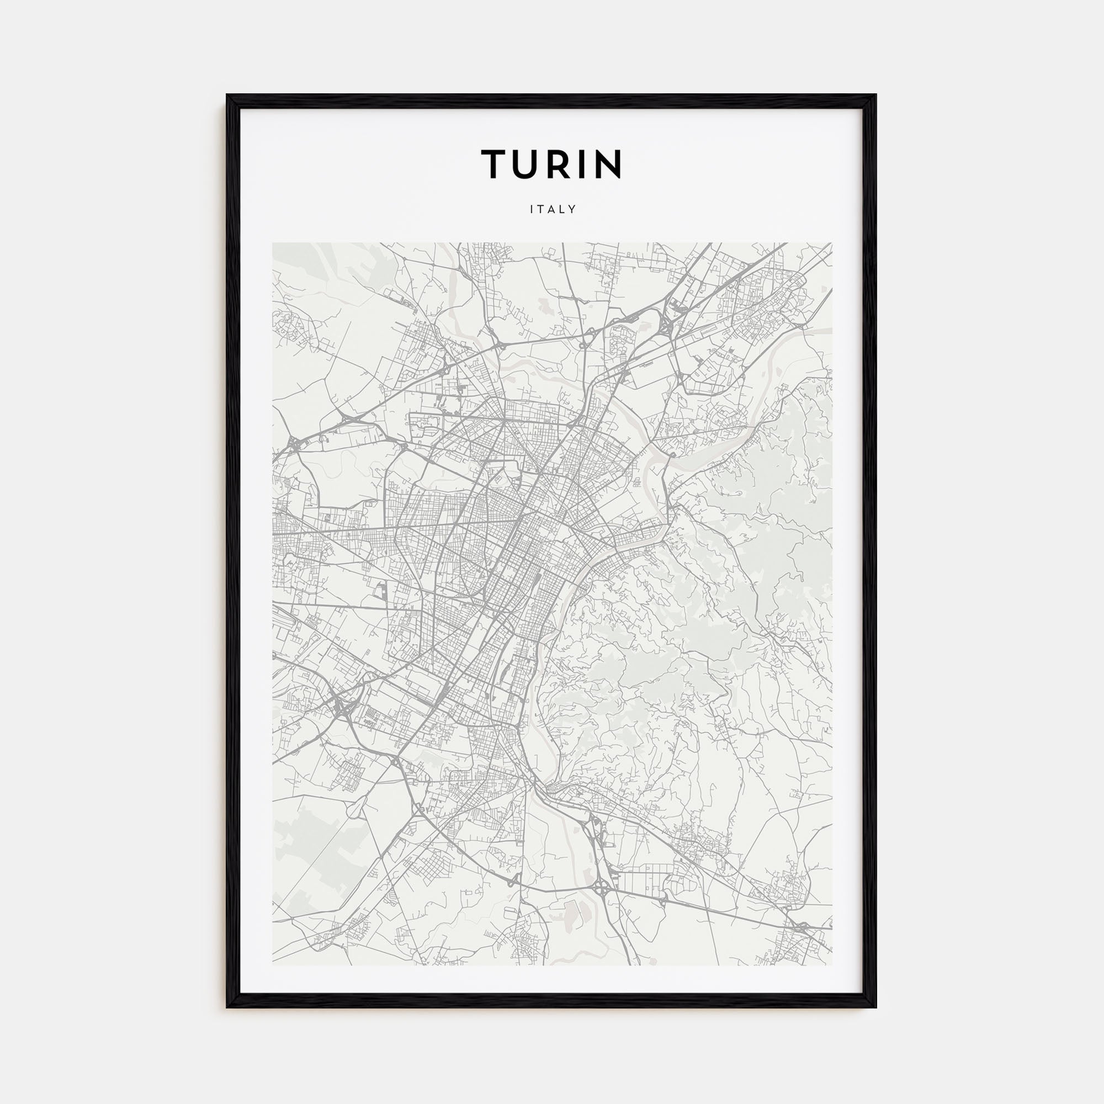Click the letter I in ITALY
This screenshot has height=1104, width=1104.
click(x=532, y=210)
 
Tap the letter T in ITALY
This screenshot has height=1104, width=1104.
click(x=541, y=210)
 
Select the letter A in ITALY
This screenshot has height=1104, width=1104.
click(x=552, y=210)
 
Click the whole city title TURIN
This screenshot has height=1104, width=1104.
click(x=551, y=164)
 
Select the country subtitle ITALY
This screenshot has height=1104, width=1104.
click(x=552, y=210)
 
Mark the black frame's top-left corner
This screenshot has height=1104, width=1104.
click(x=227, y=95)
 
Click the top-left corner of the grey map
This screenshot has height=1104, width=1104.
click(x=273, y=243)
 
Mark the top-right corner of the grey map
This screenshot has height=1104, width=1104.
click(x=832, y=243)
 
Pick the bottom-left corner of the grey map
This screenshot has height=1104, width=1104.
click(x=273, y=965)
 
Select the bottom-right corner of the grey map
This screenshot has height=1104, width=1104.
click(x=832, y=965)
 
